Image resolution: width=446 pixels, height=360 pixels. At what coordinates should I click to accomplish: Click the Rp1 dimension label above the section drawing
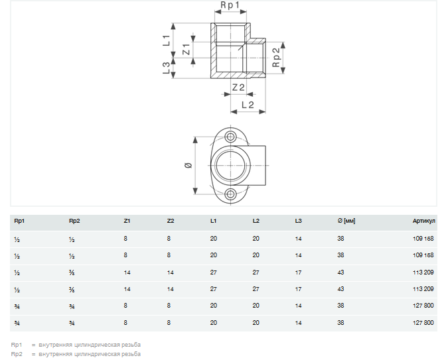(x=230, y=5)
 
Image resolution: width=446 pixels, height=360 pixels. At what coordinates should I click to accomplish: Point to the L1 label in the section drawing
(x=167, y=40)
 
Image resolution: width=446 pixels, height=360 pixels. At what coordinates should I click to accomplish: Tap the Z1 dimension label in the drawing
(x=186, y=49)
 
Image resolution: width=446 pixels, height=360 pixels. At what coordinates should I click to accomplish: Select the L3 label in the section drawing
(x=166, y=68)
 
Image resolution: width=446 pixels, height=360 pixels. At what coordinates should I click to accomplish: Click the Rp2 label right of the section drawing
(x=276, y=57)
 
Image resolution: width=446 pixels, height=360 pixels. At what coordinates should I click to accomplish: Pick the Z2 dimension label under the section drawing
(x=238, y=88)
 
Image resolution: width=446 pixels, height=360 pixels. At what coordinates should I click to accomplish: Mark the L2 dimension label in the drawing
(x=248, y=105)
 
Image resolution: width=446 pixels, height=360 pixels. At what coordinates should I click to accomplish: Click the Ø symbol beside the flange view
(x=188, y=165)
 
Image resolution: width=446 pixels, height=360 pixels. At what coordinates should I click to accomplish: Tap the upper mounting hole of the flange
(x=230, y=137)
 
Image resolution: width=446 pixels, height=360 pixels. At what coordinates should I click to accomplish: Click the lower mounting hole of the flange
(x=230, y=194)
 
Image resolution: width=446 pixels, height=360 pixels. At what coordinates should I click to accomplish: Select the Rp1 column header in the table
(x=19, y=221)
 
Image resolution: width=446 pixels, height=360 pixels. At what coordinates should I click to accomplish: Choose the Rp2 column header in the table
(x=74, y=221)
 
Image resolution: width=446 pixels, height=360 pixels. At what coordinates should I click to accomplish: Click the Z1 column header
(x=127, y=221)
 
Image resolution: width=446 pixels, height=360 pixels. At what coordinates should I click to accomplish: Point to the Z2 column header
(x=171, y=221)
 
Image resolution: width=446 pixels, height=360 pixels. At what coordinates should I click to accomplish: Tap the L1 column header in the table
(x=213, y=221)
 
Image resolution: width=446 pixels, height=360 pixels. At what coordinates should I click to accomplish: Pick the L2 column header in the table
(x=256, y=221)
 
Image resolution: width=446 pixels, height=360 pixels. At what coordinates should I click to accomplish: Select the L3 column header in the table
(x=298, y=221)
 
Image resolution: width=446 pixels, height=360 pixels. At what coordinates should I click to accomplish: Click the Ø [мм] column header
(x=346, y=221)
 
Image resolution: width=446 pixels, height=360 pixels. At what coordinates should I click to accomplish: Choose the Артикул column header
(x=424, y=221)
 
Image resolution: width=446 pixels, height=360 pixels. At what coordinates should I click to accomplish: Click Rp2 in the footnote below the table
(x=17, y=354)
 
